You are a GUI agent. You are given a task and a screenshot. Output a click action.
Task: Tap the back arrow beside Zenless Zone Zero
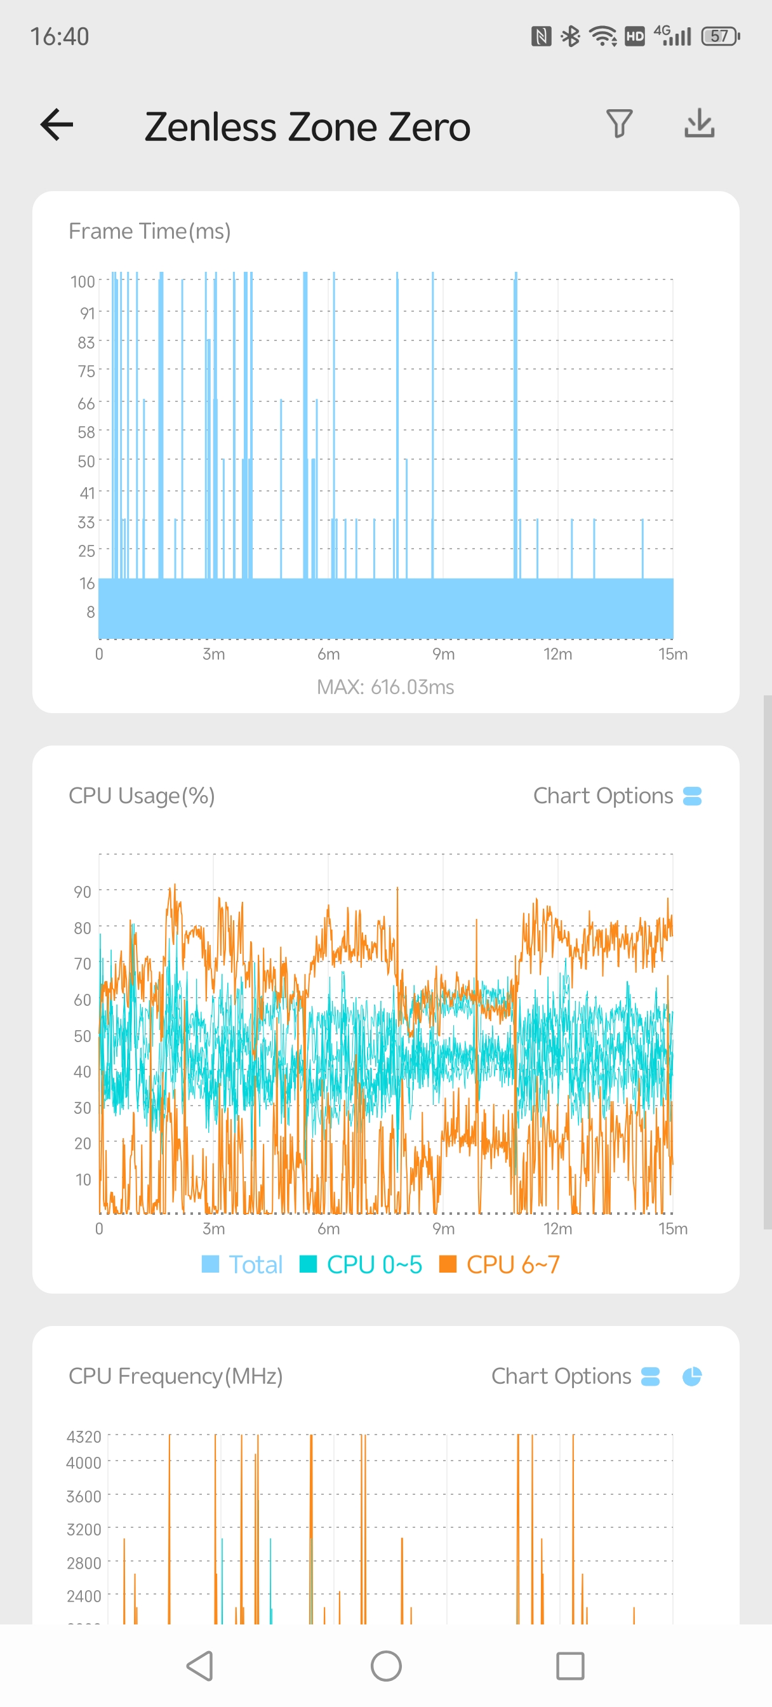click(57, 124)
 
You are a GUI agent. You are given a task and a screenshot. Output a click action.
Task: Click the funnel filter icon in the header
click(619, 124)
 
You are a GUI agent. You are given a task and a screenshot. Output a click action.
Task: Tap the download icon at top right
click(699, 124)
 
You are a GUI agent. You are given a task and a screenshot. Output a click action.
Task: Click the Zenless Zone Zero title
click(307, 126)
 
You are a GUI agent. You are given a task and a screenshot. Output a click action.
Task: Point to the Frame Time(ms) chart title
click(150, 231)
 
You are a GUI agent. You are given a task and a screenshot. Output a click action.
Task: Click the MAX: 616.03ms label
click(385, 687)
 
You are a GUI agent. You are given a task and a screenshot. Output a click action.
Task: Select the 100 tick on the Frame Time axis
click(83, 281)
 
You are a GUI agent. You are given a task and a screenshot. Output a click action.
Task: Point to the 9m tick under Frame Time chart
click(443, 655)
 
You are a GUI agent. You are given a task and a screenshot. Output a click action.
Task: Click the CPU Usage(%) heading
click(142, 796)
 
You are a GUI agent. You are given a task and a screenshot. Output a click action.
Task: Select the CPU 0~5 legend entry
click(361, 1264)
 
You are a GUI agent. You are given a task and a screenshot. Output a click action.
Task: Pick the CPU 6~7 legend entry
click(500, 1264)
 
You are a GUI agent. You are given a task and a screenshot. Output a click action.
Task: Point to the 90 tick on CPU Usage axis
click(82, 892)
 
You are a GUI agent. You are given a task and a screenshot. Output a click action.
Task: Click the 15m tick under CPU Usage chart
click(672, 1229)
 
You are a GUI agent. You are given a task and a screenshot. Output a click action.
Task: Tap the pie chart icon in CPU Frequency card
click(692, 1376)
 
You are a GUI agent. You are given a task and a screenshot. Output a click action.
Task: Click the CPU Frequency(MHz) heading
click(176, 1376)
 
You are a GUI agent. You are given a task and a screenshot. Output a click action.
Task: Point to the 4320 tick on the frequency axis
click(84, 1436)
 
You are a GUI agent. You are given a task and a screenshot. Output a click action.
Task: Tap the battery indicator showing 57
click(721, 36)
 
